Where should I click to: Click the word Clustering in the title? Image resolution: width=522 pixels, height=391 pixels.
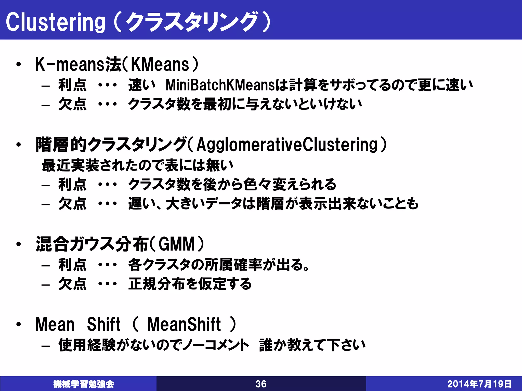55,22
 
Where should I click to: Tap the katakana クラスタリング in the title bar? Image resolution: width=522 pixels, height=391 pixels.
192,22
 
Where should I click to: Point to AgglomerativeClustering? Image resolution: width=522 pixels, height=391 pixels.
287,145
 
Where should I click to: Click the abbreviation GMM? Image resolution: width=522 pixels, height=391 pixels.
177,244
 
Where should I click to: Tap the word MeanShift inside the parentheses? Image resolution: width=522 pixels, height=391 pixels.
184,324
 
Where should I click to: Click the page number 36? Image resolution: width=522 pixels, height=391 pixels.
261,384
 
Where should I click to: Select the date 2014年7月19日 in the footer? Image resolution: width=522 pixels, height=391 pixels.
479,384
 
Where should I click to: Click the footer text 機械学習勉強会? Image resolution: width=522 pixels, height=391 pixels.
84,384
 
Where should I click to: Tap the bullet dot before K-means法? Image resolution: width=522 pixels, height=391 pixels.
18,65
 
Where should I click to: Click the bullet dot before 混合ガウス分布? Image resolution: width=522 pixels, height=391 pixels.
18,244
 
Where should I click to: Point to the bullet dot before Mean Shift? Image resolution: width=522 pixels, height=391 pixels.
18,325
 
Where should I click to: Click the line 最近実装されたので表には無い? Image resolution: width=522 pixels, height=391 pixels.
138,165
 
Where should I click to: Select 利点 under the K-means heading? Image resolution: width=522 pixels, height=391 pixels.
72,85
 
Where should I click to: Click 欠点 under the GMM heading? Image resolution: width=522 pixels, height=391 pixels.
72,284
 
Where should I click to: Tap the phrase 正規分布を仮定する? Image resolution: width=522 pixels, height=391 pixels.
190,284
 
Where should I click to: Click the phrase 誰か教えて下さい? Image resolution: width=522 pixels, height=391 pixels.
312,345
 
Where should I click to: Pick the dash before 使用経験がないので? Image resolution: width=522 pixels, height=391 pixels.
45,346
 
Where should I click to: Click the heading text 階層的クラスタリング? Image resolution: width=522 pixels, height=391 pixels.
111,145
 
